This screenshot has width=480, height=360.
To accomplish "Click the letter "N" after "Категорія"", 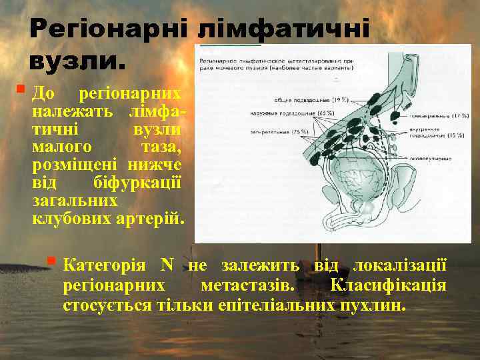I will [167, 265].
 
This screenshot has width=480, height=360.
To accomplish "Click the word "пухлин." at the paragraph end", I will [371, 306].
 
